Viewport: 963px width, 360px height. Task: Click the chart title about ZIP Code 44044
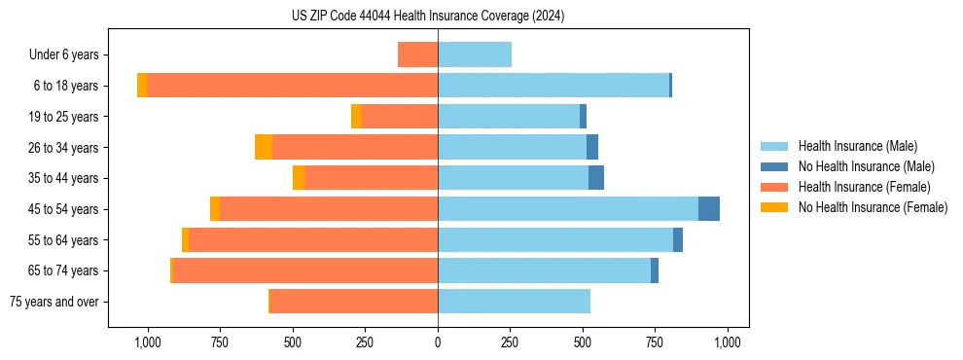428,16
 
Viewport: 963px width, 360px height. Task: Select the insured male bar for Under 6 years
475,54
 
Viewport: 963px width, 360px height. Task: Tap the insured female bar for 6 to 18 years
292,86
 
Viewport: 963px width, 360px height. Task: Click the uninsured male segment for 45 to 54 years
709,209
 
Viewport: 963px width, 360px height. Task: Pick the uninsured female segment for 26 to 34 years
264,147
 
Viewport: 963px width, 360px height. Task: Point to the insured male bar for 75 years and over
514,302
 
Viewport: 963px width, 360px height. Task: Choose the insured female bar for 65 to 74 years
304,270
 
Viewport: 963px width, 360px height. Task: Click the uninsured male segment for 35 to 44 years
596,178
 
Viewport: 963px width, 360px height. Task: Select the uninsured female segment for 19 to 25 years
356,117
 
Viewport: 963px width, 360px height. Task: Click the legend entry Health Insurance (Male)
857,146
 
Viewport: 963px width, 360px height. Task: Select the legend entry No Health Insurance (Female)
873,207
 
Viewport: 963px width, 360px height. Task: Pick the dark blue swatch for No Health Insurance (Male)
774,166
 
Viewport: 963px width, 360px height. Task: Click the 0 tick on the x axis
438,342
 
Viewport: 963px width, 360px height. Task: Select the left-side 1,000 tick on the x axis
148,342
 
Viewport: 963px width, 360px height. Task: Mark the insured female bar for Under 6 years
417,54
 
